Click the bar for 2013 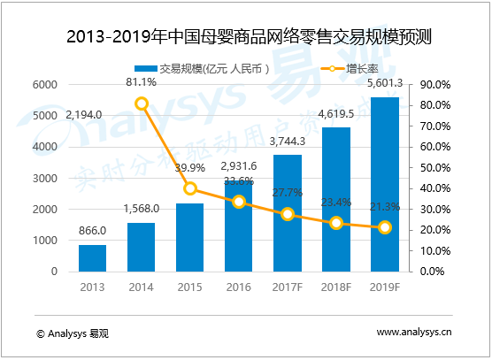click(92, 257)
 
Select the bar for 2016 click(238, 226)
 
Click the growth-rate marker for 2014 click(142, 103)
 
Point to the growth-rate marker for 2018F click(335, 223)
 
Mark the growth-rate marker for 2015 click(189, 188)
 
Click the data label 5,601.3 click(383, 83)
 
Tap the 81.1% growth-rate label click(142, 83)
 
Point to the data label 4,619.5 click(335, 114)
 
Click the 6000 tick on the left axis click(45, 85)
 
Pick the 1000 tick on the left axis click(45, 241)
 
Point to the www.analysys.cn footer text click(414, 333)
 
